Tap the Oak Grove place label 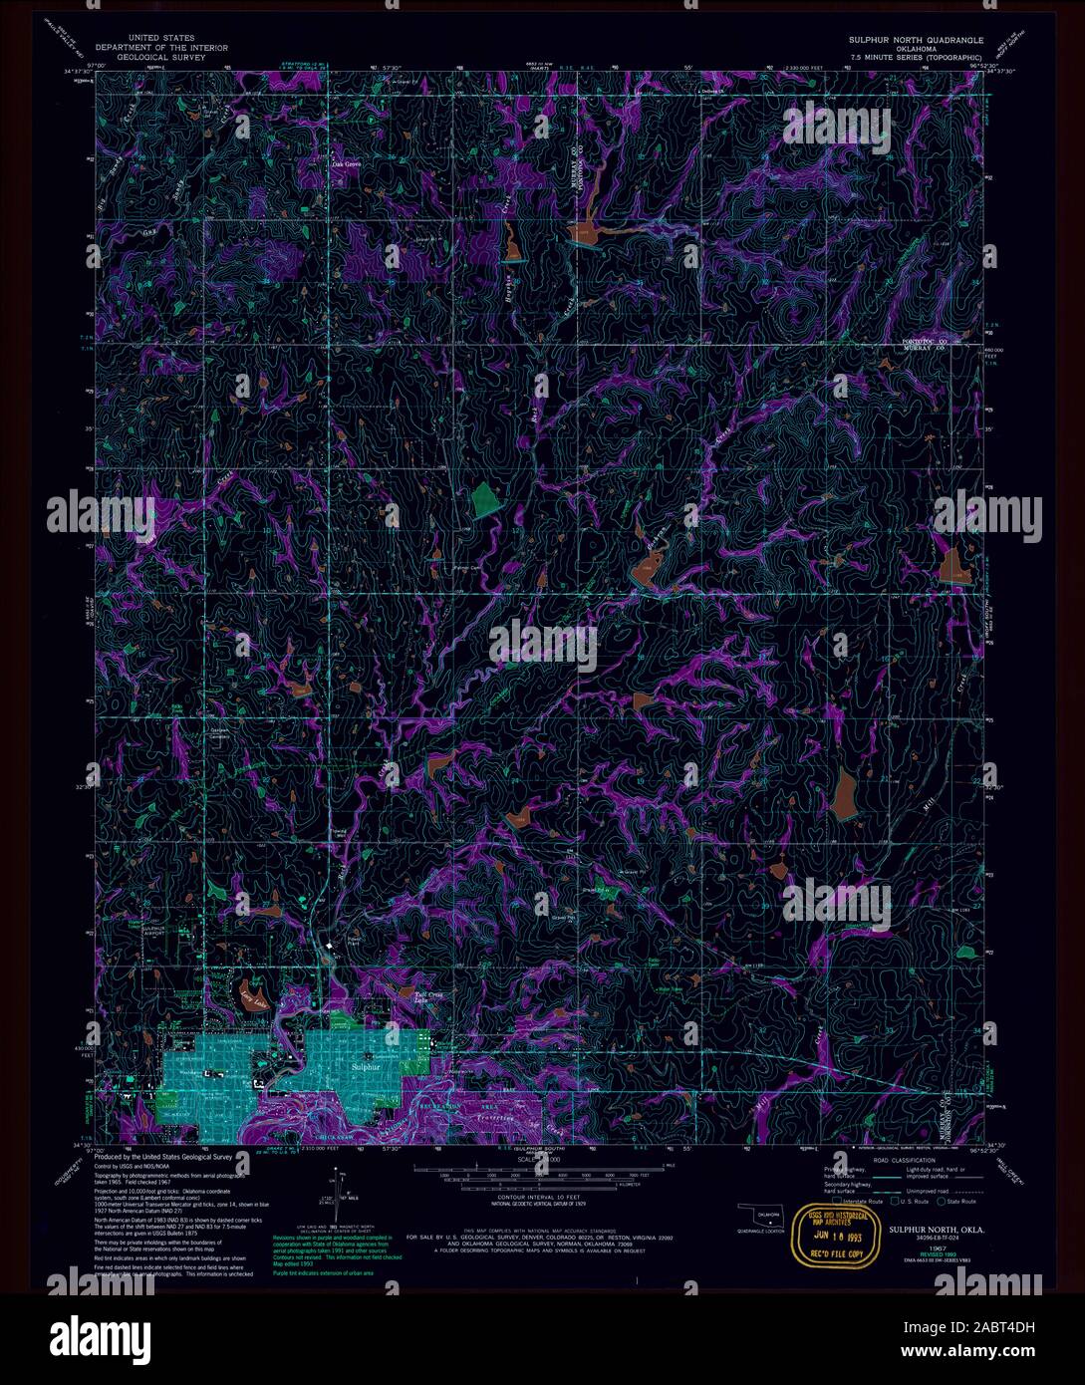pyautogui.click(x=345, y=163)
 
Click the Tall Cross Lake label pyautogui.click(x=427, y=997)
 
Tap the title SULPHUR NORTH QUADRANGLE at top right pyautogui.click(x=916, y=40)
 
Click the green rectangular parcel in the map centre pyautogui.click(x=485, y=498)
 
